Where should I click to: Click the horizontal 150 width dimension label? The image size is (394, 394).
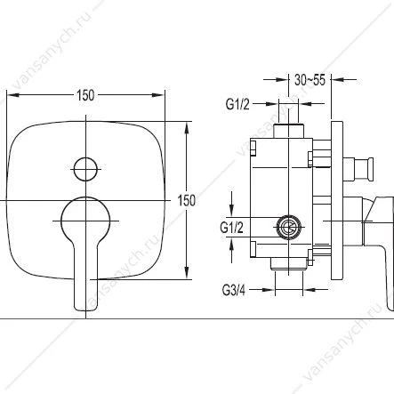(x=85, y=95)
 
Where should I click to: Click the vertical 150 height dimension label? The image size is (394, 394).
(x=187, y=201)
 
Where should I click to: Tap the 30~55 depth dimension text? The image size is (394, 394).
(x=310, y=80)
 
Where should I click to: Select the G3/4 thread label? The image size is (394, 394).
(x=234, y=290)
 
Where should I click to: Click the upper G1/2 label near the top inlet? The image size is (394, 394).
(x=237, y=104)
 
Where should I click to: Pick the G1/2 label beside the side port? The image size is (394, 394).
(x=231, y=228)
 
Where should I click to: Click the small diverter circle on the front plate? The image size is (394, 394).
(x=85, y=169)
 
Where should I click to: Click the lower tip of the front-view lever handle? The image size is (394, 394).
(x=85, y=310)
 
